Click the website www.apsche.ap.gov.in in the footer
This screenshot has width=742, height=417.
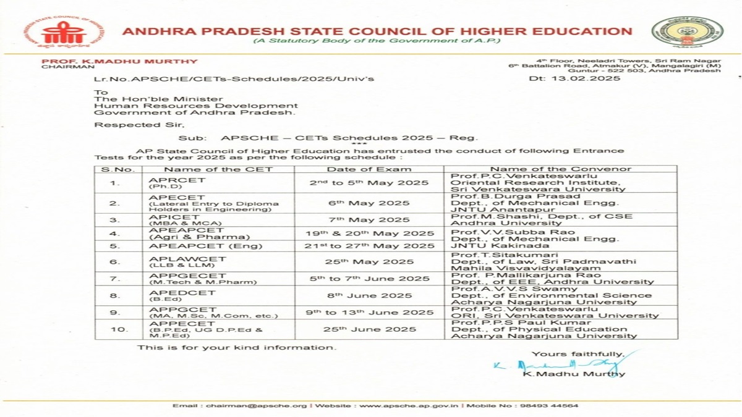click(407, 406)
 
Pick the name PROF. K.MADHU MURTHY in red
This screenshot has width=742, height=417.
click(119, 61)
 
